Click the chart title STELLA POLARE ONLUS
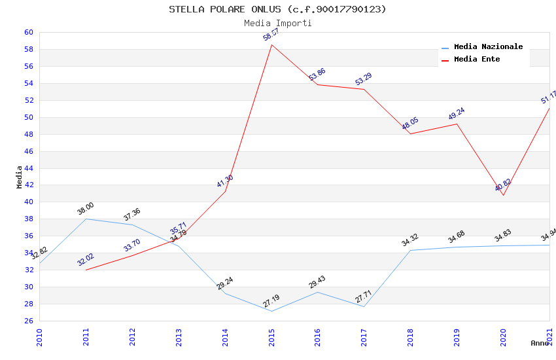[x=277, y=9]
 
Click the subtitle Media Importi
[x=277, y=23]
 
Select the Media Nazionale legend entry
[x=488, y=47]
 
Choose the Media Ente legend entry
[x=476, y=60]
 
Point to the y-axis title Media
[x=20, y=177]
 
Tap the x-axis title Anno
[x=540, y=343]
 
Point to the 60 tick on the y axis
[x=29, y=32]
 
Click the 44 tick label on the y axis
[x=29, y=168]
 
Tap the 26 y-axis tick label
[x=29, y=321]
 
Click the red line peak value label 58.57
[x=271, y=35]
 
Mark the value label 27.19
[x=271, y=301]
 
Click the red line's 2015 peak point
[x=271, y=45]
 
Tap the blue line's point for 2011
[x=86, y=219]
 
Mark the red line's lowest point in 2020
[x=504, y=195]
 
